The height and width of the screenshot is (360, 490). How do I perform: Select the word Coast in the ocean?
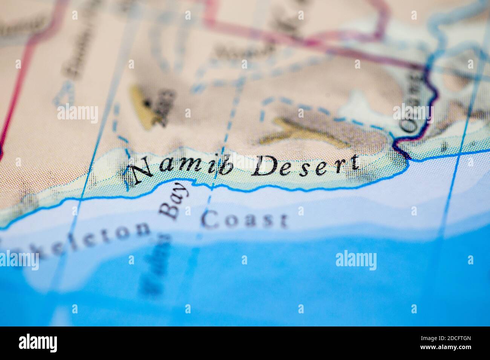pos(244,220)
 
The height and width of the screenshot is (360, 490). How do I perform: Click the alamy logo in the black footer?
pos(38,343)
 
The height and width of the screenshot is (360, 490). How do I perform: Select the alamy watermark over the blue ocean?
pos(356,261)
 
